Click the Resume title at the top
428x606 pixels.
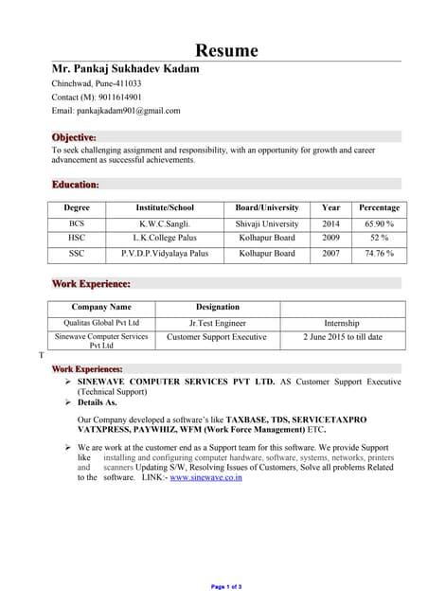(226, 50)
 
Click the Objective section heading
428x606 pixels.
(74, 137)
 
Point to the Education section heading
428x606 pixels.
(75, 184)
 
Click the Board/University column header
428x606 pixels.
(266, 207)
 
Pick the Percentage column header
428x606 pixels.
(379, 207)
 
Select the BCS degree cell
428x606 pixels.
(77, 223)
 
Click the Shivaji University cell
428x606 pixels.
(266, 223)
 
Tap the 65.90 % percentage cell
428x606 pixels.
(379, 223)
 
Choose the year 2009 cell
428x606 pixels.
(330, 239)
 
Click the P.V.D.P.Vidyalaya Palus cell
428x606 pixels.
(165, 254)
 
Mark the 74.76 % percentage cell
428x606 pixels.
(379, 254)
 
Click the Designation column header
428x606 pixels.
(217, 307)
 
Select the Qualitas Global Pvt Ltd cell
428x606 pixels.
(101, 323)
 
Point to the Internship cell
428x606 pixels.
(342, 323)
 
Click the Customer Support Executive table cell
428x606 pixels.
(217, 337)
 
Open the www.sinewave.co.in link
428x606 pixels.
(205, 477)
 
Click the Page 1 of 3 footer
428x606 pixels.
(226, 587)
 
